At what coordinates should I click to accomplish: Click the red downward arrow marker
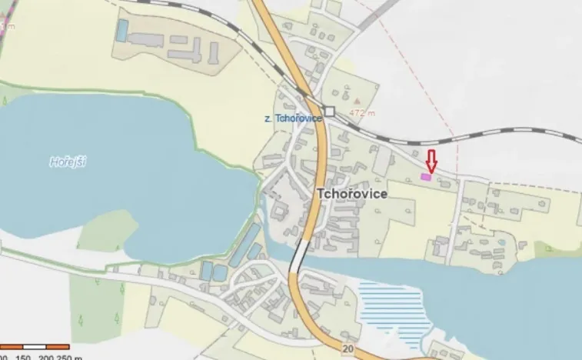(431, 161)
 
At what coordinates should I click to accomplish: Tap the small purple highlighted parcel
(426, 177)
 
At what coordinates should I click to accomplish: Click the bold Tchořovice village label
(351, 195)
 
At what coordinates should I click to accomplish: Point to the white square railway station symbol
(329, 112)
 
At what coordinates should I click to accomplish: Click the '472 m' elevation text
(361, 112)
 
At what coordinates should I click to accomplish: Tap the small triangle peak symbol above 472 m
(357, 101)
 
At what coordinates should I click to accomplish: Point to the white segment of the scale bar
(35, 347)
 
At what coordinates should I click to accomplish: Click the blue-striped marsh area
(392, 308)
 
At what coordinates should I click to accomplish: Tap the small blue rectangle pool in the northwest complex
(121, 30)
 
